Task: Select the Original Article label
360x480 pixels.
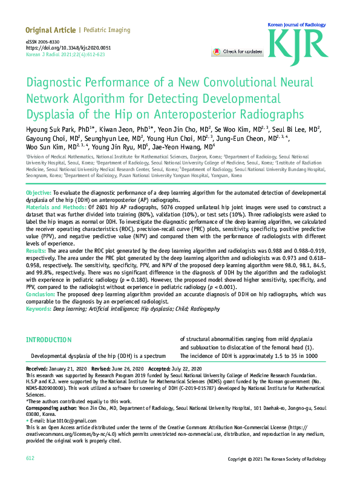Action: (x=50, y=30)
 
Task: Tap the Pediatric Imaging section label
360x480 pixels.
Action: (x=106, y=30)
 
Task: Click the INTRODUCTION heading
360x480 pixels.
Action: (x=49, y=340)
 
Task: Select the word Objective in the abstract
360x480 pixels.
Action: (x=38, y=192)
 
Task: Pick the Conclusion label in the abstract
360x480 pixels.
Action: (x=41, y=294)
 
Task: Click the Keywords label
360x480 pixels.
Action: (x=39, y=308)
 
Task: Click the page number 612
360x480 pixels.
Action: (x=30, y=459)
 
